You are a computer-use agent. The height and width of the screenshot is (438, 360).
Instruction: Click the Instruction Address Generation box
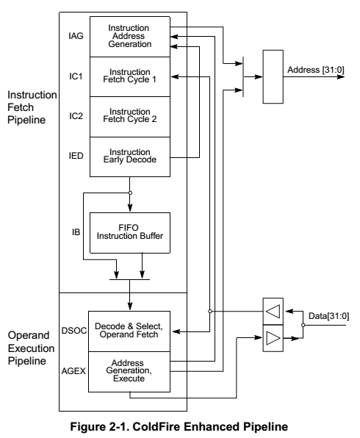(x=130, y=37)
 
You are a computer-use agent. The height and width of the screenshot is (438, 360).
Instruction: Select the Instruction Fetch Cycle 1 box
(x=130, y=77)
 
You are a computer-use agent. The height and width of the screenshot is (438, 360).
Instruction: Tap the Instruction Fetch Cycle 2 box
(x=130, y=117)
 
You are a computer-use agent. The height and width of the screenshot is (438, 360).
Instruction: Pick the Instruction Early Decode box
(x=130, y=157)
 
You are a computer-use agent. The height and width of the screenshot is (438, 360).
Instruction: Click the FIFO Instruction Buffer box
(x=130, y=233)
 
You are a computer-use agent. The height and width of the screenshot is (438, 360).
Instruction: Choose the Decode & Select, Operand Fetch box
(x=129, y=331)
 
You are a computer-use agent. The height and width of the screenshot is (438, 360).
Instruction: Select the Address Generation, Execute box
(x=129, y=372)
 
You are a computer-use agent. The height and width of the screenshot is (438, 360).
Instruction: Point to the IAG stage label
(x=76, y=36)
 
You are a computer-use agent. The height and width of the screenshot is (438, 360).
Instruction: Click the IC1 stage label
(x=76, y=76)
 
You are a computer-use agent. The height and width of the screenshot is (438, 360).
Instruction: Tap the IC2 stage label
(x=76, y=116)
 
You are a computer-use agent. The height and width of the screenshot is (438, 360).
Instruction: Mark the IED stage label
(x=76, y=156)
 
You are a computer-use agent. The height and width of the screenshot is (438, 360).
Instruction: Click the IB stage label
(x=76, y=232)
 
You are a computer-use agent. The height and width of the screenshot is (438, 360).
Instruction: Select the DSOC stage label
(x=74, y=331)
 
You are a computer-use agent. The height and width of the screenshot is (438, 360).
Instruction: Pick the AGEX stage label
(x=73, y=371)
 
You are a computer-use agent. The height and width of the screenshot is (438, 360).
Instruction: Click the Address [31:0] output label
(x=316, y=70)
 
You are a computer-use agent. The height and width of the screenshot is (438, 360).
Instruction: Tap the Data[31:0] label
(x=328, y=316)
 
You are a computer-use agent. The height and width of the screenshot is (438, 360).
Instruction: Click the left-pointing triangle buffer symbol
(x=273, y=311)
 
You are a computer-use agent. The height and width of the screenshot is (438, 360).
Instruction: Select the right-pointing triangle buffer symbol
(x=273, y=338)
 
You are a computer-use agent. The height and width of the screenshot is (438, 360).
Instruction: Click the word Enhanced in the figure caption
(x=211, y=427)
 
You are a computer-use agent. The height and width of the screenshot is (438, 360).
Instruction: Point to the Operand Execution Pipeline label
(x=31, y=348)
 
